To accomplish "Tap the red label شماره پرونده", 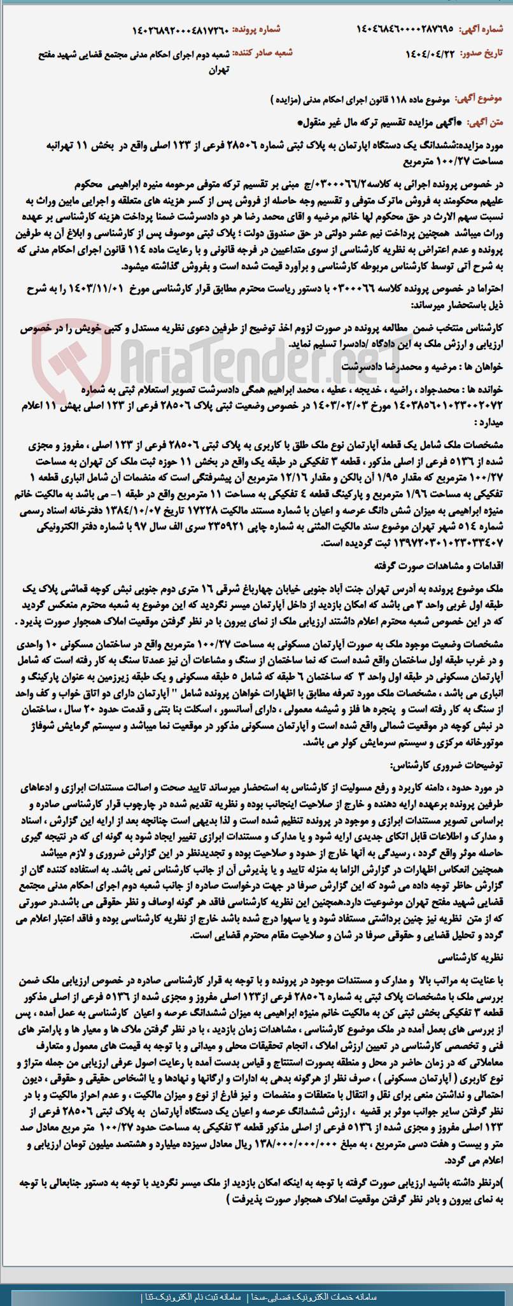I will [x=256, y=29].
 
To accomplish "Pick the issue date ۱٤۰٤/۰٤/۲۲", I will [x=431, y=53].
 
